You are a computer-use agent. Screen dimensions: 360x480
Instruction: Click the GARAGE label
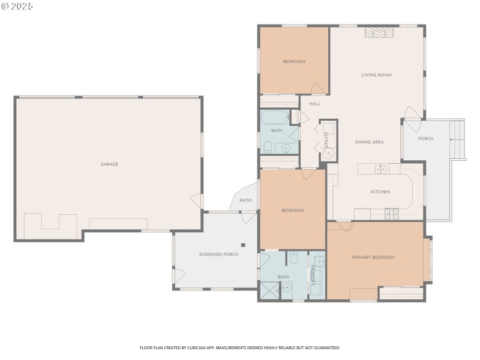click(109, 164)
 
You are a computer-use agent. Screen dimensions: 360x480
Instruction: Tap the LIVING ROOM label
click(376, 75)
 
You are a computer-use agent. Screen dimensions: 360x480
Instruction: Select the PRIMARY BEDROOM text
click(373, 257)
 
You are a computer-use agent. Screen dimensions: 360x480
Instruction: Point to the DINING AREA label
click(369, 142)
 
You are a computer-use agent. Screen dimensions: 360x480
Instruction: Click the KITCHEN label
click(380, 192)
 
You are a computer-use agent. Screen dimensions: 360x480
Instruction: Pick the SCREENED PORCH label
click(218, 254)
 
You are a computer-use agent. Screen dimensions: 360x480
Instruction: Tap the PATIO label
click(245, 200)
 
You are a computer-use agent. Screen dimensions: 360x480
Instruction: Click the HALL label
click(314, 104)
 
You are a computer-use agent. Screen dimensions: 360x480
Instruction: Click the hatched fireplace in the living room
click(379, 33)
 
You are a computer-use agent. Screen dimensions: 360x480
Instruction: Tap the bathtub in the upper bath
click(275, 116)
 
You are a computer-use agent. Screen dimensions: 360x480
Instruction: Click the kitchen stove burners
click(391, 212)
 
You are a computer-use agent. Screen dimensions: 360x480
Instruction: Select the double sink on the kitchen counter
click(381, 169)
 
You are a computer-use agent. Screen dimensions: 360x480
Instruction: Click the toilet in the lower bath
click(293, 258)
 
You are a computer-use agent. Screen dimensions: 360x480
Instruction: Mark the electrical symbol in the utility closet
click(328, 153)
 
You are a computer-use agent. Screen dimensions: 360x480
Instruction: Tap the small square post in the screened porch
click(244, 245)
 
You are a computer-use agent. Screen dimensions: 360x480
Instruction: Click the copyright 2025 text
click(18, 6)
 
